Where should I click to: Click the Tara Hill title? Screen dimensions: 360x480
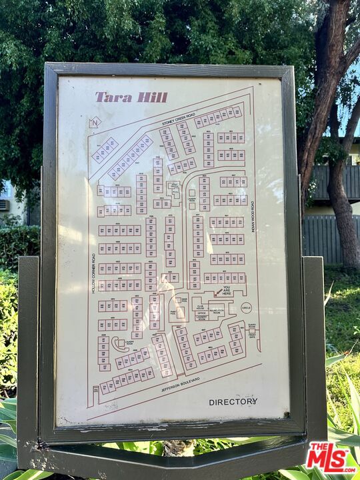click(x=131, y=97)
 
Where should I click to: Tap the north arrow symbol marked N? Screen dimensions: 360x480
click(x=95, y=122)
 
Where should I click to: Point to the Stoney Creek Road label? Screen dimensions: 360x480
click(x=178, y=120)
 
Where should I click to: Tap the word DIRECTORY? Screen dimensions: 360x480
click(x=233, y=402)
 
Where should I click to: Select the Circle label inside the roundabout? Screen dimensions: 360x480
click(x=246, y=309)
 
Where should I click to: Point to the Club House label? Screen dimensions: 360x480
click(x=201, y=308)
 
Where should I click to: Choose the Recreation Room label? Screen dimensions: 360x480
click(x=217, y=311)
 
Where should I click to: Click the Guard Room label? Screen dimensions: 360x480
click(x=251, y=326)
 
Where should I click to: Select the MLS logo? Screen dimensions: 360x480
click(x=331, y=458)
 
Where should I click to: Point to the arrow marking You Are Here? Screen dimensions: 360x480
click(x=219, y=292)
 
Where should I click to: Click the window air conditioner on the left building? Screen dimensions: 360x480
click(x=4, y=205)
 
